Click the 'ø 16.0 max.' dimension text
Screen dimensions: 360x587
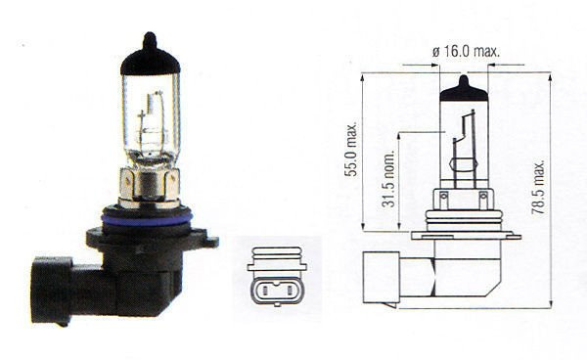(463, 49)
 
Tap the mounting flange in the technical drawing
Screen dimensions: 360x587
(461, 234)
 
